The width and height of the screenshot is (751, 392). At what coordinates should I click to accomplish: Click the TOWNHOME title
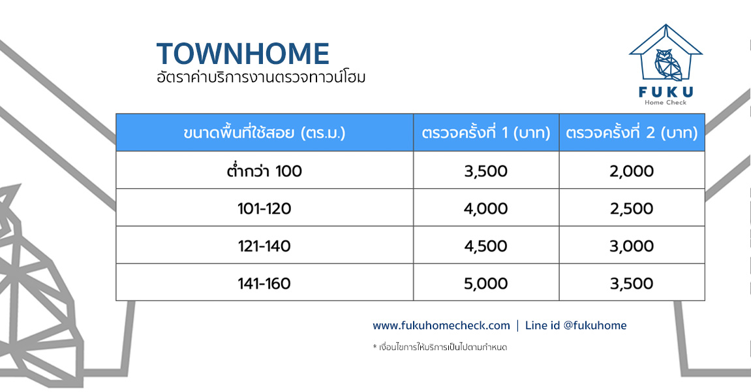click(243, 54)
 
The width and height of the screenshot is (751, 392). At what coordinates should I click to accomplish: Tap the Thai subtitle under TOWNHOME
click(261, 77)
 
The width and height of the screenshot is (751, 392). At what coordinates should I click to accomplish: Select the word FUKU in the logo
click(666, 91)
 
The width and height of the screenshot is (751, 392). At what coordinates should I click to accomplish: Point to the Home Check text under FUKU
click(666, 102)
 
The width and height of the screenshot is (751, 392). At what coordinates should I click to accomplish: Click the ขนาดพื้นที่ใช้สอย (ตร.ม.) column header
click(264, 133)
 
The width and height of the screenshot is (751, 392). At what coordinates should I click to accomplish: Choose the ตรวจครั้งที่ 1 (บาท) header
click(486, 133)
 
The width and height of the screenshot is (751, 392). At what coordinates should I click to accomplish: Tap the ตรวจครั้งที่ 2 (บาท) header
click(632, 133)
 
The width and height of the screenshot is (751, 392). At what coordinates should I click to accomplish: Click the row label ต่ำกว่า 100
click(264, 171)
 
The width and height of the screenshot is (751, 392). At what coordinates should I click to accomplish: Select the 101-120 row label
click(264, 208)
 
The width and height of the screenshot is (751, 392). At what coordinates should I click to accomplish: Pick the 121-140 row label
click(264, 246)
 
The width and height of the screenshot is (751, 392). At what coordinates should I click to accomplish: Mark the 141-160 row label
click(264, 284)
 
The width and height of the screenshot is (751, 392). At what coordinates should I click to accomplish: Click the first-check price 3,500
click(485, 171)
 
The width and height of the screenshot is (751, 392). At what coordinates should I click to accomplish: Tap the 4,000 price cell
click(485, 208)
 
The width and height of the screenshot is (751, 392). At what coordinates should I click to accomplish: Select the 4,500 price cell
click(485, 246)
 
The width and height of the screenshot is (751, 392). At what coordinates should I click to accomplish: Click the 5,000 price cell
click(485, 284)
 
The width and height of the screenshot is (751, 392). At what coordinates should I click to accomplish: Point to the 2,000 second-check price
click(632, 171)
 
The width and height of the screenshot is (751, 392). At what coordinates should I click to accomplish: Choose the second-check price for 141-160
click(632, 284)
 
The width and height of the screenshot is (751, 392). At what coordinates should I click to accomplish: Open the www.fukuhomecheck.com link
click(441, 325)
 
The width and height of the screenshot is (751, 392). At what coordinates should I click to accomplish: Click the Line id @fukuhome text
click(575, 325)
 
